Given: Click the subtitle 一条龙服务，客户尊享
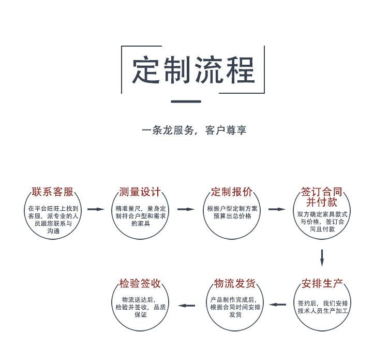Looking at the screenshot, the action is click(194, 130).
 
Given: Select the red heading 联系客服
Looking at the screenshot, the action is click(53, 192).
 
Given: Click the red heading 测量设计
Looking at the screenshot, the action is click(140, 192).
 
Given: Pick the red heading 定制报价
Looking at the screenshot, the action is click(231, 192).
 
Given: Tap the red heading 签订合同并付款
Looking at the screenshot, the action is click(322, 197).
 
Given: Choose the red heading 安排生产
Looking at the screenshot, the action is click(322, 283).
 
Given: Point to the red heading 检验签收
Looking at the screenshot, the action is click(140, 283).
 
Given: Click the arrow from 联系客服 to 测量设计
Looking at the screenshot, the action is click(96, 209).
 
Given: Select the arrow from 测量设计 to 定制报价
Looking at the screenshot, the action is click(186, 209).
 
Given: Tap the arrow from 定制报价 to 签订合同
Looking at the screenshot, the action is click(277, 209).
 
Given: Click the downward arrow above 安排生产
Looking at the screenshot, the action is click(322, 257).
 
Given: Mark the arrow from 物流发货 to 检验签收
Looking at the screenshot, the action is click(187, 305).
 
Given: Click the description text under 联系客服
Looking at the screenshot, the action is click(53, 220).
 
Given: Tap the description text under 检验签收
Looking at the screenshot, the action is click(140, 307).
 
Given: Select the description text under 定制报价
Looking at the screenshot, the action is click(231, 212).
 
